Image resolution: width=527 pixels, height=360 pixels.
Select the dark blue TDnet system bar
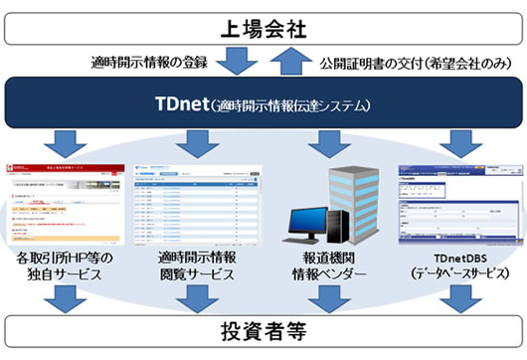click(x=263, y=103)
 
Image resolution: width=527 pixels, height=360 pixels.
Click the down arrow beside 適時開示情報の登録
click(x=239, y=62)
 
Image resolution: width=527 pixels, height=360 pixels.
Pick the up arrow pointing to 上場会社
click(x=288, y=62)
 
